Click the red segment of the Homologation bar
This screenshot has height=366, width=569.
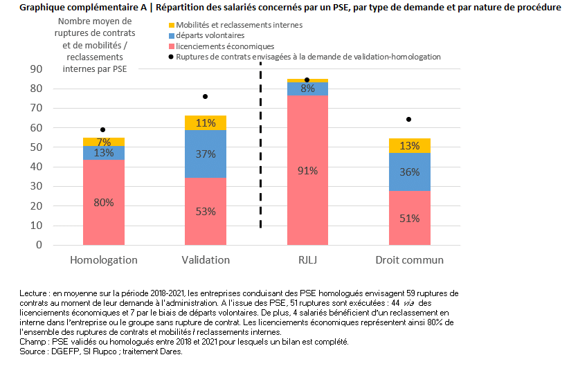point(104,203)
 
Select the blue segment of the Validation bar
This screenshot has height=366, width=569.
point(205,154)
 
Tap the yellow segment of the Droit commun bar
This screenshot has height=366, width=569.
point(410,145)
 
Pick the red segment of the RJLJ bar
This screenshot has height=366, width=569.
point(307,170)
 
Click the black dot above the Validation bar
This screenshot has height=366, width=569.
point(205,96)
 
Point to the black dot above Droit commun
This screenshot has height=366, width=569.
point(409,119)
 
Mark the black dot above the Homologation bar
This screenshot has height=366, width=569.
point(103,129)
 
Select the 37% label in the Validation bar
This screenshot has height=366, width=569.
point(206,154)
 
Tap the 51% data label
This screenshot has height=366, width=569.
point(410,218)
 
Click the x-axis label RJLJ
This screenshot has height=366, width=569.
point(307,260)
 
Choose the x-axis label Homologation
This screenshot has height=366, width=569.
point(104,260)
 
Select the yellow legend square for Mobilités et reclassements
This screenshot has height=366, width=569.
point(172,25)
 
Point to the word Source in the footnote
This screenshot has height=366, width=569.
point(31,351)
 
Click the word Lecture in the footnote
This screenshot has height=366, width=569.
point(35,294)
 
